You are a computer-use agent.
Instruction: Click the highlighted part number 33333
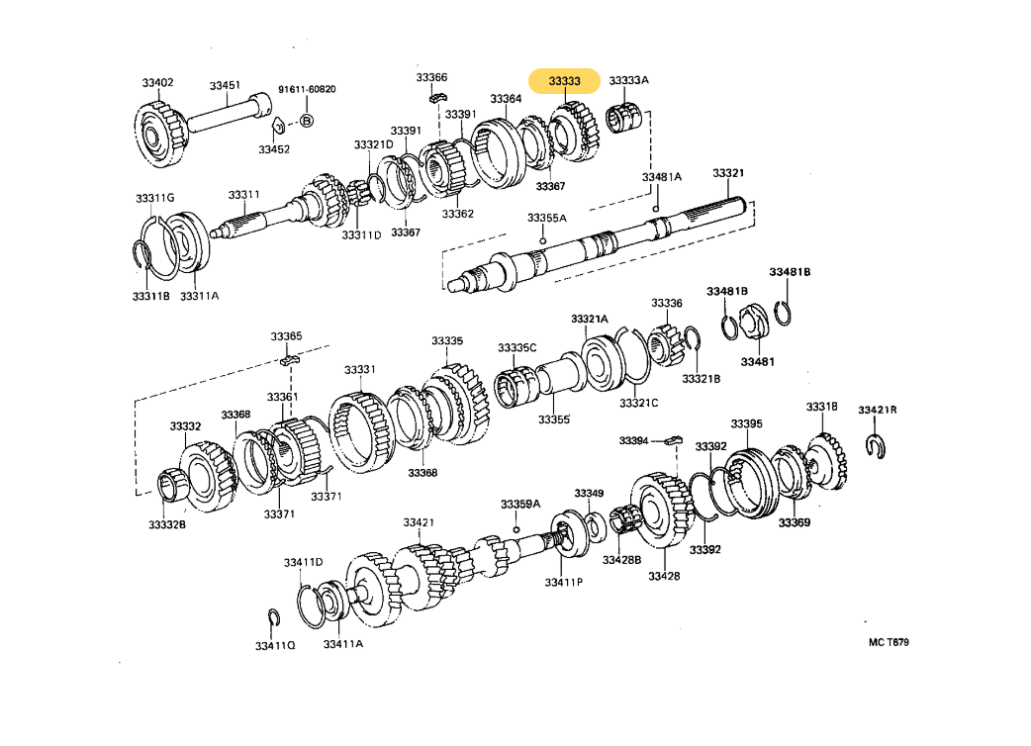pos(564,81)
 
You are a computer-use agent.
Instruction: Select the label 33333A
pos(628,81)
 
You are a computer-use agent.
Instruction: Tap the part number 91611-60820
pos(307,90)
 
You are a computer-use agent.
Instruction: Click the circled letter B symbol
pos(307,120)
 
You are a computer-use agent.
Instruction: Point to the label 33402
pos(157,82)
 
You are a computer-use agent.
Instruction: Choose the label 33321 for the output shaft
pos(728,173)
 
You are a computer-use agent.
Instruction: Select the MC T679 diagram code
pos(889,642)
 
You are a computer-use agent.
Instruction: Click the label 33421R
pos(877,410)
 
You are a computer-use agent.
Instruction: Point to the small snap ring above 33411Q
pos(274,619)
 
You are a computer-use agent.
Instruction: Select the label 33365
pos(287,336)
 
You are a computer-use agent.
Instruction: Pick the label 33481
pos(757,362)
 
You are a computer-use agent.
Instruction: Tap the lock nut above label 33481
pos(751,321)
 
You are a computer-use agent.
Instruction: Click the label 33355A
pos(546,218)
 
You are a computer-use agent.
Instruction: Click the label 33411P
pos(563,582)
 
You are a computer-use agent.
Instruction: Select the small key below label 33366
pos(439,97)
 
